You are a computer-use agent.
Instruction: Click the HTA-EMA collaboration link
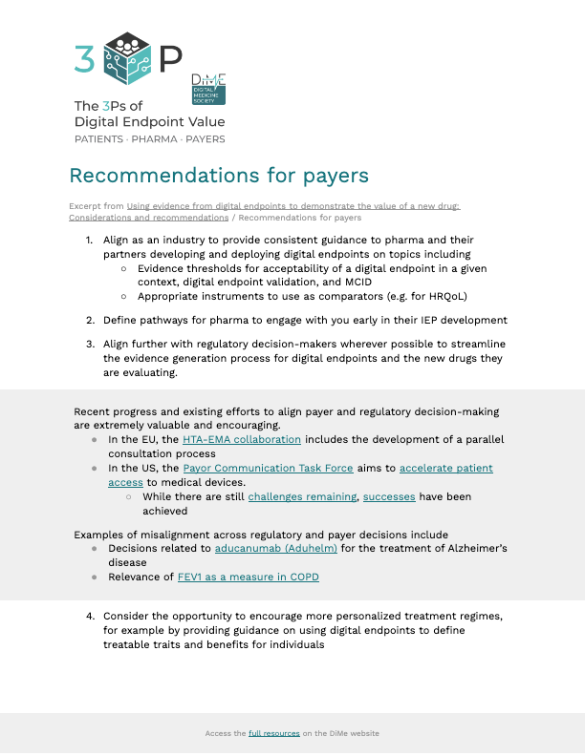point(241,439)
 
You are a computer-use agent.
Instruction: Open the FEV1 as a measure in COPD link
point(248,577)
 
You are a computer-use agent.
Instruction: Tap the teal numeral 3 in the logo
point(84,59)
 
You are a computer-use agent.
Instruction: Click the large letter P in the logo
point(170,59)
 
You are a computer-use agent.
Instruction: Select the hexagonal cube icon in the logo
point(127,55)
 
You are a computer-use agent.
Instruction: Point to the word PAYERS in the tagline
point(206,139)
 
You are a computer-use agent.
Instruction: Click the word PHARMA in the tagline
point(158,139)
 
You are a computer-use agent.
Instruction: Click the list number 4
point(90,617)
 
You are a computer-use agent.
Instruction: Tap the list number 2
point(90,321)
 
